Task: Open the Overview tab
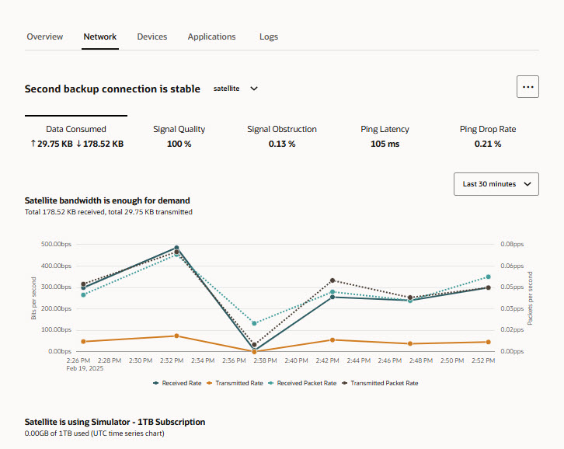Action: [x=45, y=37]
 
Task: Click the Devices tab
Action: [x=152, y=37]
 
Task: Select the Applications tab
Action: [x=211, y=37]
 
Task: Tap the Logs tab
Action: [x=269, y=37]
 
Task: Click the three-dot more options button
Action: [x=527, y=87]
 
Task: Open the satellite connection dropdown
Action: [x=235, y=89]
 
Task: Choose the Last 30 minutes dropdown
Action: [x=496, y=184]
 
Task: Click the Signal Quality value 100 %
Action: [x=179, y=144]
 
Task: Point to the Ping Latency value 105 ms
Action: [x=385, y=144]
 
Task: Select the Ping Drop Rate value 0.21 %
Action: [x=488, y=144]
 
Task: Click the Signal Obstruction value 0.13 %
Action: [x=282, y=144]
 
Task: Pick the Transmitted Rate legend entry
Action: [x=238, y=383]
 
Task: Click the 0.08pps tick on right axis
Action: [x=512, y=245]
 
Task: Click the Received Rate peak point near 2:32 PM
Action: [x=176, y=248]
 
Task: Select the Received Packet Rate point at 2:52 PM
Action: [x=489, y=277]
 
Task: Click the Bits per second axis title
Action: [x=34, y=298]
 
